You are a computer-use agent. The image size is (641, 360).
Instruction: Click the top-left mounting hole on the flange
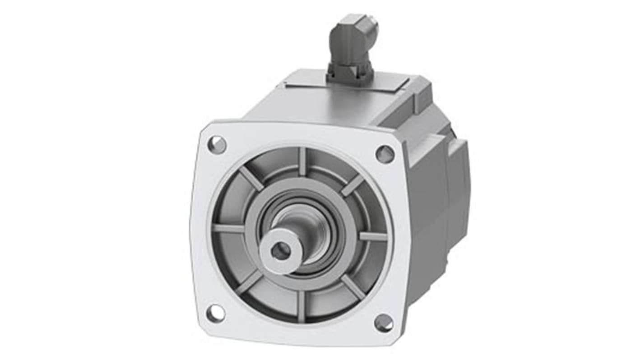click(217, 145)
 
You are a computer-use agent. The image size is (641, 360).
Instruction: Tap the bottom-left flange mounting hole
click(215, 313)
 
